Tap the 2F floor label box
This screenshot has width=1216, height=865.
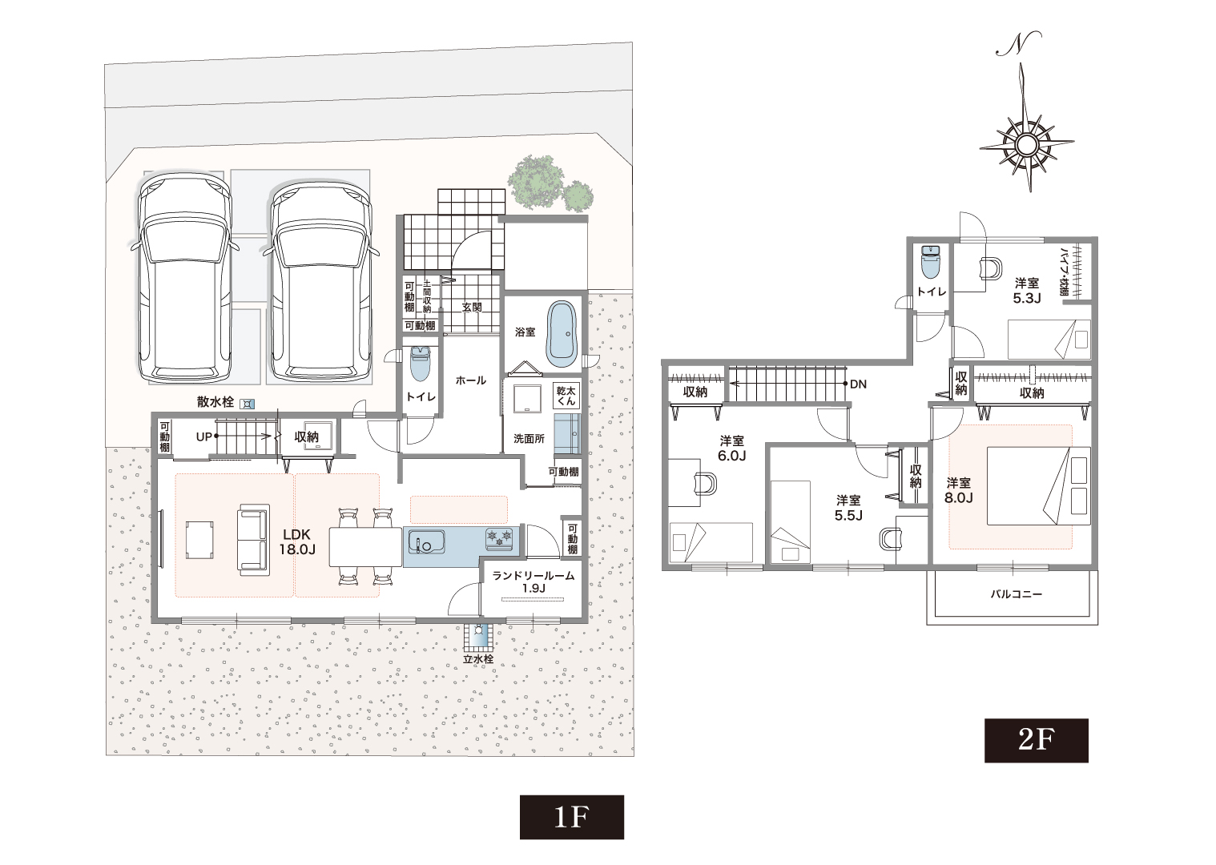click(1037, 740)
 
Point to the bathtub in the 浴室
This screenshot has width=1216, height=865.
click(562, 335)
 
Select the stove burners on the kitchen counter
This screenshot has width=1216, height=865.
click(499, 538)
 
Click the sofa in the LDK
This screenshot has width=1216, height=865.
click(253, 539)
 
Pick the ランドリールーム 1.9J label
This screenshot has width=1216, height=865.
click(533, 581)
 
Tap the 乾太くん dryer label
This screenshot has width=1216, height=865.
click(566, 396)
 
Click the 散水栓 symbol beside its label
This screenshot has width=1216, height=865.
click(248, 403)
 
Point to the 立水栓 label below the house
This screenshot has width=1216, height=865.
click(477, 659)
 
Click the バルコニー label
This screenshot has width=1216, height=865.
click(1017, 593)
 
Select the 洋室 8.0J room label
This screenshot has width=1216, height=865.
click(959, 490)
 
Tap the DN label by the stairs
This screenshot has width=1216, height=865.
click(858, 384)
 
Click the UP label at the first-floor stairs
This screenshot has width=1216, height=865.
click(204, 437)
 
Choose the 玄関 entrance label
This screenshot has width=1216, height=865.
click(472, 307)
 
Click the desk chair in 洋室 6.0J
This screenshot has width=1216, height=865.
click(705, 483)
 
